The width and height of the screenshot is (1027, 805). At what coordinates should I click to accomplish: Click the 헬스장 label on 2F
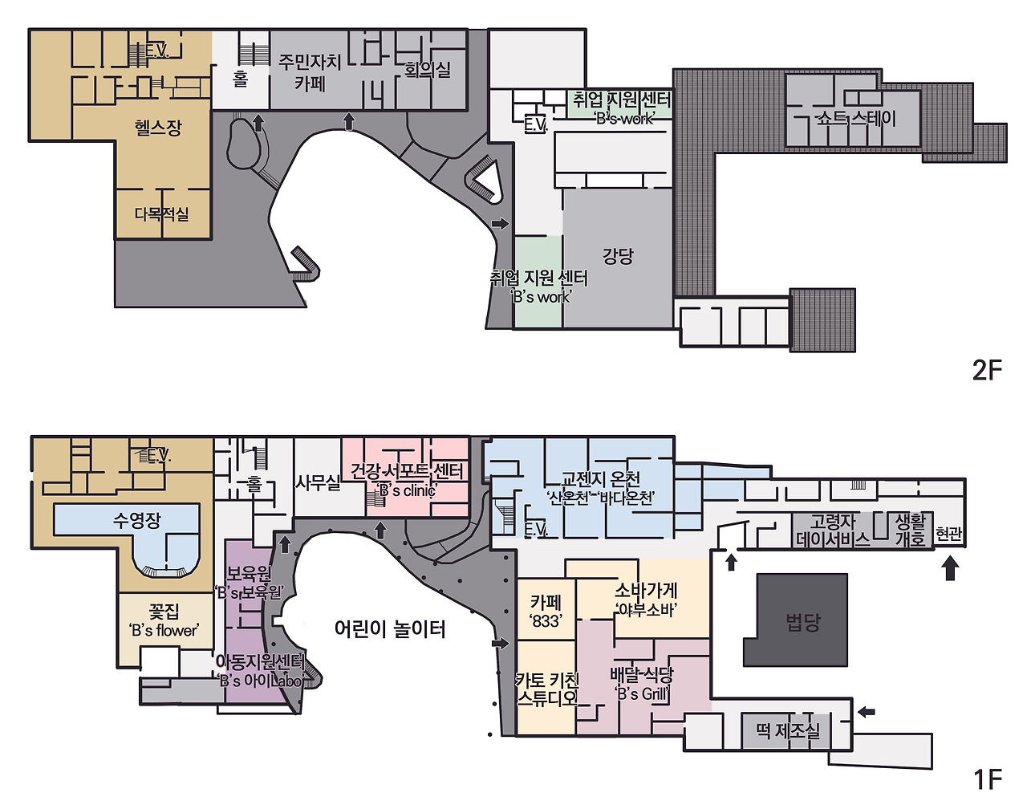pos(158,128)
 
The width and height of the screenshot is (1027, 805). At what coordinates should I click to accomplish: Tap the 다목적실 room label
pos(162,214)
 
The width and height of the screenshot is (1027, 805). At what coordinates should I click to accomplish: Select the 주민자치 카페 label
pos(310,72)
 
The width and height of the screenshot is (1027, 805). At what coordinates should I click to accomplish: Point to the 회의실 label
pos(428,70)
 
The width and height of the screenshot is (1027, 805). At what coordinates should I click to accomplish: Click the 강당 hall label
pos(618,256)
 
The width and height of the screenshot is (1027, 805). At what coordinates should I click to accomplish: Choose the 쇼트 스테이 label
pos(856,118)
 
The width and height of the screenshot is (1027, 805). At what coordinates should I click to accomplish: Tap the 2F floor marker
pos(988,371)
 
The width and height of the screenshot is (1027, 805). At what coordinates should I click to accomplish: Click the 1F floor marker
pos(988,780)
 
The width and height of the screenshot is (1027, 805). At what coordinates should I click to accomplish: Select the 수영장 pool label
pos(137,520)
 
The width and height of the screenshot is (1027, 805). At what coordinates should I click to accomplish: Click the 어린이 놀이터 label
pos(390,629)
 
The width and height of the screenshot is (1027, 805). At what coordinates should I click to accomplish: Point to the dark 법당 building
pos(796,620)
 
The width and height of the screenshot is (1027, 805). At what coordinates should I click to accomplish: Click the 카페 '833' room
pos(546,610)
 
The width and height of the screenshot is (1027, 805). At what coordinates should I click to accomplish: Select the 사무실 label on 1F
pos(318,482)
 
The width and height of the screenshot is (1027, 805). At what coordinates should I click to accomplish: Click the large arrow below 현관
pos(950,567)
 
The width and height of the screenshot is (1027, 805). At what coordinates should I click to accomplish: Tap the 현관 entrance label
pos(948,535)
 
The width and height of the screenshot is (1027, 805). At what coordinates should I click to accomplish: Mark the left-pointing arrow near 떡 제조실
pos(867,711)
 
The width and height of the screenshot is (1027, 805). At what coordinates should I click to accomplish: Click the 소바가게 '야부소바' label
pos(646,600)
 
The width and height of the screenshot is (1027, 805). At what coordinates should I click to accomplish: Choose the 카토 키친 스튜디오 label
pos(547,689)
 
